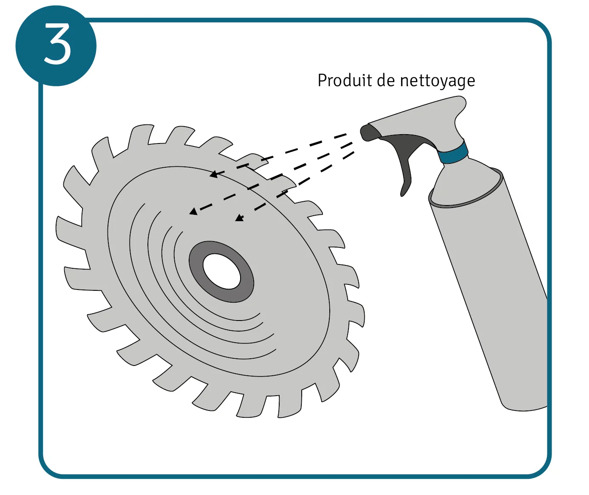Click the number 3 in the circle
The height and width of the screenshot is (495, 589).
pyautogui.click(x=57, y=44)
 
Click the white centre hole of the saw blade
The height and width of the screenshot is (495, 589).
pyautogui.click(x=221, y=271)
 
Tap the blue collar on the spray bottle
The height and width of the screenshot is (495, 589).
pyautogui.click(x=454, y=153)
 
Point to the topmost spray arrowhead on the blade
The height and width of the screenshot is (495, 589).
pyautogui.click(x=214, y=174)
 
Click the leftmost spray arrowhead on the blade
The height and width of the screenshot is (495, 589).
pyautogui.click(x=193, y=211)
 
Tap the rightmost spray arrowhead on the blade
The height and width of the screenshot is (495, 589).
pyautogui.click(x=240, y=218)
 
